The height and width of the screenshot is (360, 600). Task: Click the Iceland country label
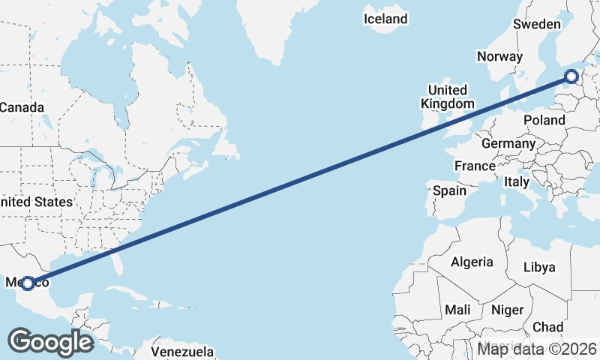coord(385,19)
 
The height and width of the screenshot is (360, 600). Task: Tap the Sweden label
coord(536,24)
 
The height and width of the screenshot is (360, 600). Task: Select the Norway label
coord(499,56)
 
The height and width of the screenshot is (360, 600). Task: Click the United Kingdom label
coord(448,97)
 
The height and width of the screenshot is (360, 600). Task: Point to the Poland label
coord(544,120)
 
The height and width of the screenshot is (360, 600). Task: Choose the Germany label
coord(508,143)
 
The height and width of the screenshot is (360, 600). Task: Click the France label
coord(474,166)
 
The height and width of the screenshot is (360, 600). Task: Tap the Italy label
coord(516,181)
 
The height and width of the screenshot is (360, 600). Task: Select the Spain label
coord(449,190)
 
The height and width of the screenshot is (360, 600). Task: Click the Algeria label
coord(472,262)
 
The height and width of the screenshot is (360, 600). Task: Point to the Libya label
coord(539,267)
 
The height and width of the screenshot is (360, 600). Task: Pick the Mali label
coord(457,310)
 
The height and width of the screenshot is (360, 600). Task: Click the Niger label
coord(506,310)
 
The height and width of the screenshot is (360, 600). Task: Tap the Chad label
coord(547,327)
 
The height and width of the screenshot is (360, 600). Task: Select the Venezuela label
coord(182,352)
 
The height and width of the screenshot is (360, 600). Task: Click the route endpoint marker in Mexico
coord(28,283)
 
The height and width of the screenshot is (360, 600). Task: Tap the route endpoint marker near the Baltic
coord(571,76)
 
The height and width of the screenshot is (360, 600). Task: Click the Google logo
coord(50,342)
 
